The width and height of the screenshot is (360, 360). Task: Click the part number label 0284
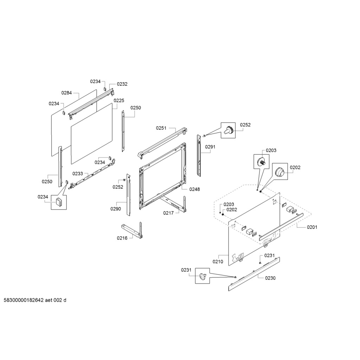click(x=66, y=93)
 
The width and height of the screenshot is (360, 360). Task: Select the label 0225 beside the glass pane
click(x=119, y=100)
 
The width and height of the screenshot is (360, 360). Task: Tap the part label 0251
click(x=161, y=128)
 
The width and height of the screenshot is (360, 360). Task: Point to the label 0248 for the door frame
click(x=194, y=189)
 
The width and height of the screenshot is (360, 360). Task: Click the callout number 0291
click(x=210, y=147)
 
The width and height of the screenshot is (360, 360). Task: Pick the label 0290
click(x=115, y=209)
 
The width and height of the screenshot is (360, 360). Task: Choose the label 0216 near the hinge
click(x=122, y=238)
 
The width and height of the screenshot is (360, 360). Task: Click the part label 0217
click(x=168, y=213)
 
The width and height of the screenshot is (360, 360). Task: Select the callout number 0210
click(x=218, y=262)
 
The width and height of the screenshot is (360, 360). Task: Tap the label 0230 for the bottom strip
click(x=270, y=278)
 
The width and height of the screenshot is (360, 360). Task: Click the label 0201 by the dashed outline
click(x=312, y=227)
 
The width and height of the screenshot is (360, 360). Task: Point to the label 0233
click(x=78, y=174)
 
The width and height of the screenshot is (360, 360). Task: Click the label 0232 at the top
click(x=122, y=84)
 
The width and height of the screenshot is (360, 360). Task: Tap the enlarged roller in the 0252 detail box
click(x=228, y=130)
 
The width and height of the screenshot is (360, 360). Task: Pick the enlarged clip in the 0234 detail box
click(x=58, y=202)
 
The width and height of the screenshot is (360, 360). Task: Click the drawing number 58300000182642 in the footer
click(x=24, y=300)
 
